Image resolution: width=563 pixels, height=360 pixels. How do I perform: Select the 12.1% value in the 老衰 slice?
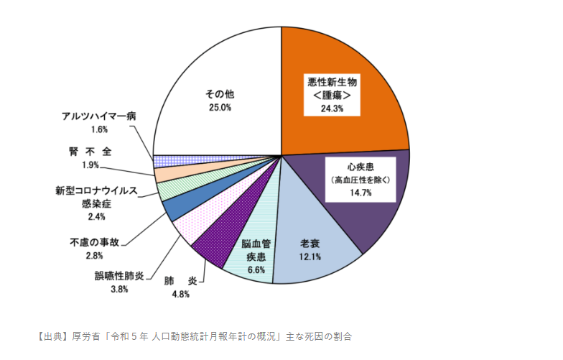[310, 257]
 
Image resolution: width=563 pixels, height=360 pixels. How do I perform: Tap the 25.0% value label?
[219, 108]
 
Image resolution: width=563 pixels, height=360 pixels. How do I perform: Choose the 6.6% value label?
[256, 269]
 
